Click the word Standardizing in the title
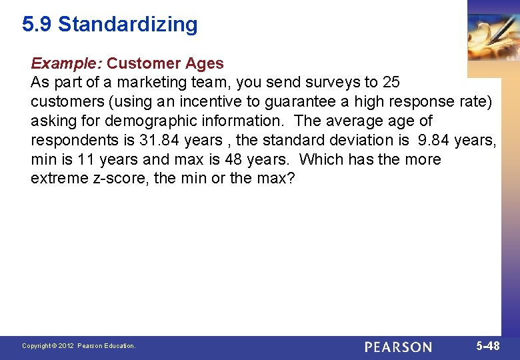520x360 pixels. pyautogui.click(x=128, y=25)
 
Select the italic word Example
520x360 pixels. pyautogui.click(x=65, y=64)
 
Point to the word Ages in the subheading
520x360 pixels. pyautogui.click(x=205, y=64)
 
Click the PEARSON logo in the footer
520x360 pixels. pyautogui.click(x=398, y=347)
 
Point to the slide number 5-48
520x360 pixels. pyautogui.click(x=488, y=346)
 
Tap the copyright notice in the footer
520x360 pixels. pyautogui.click(x=79, y=346)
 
